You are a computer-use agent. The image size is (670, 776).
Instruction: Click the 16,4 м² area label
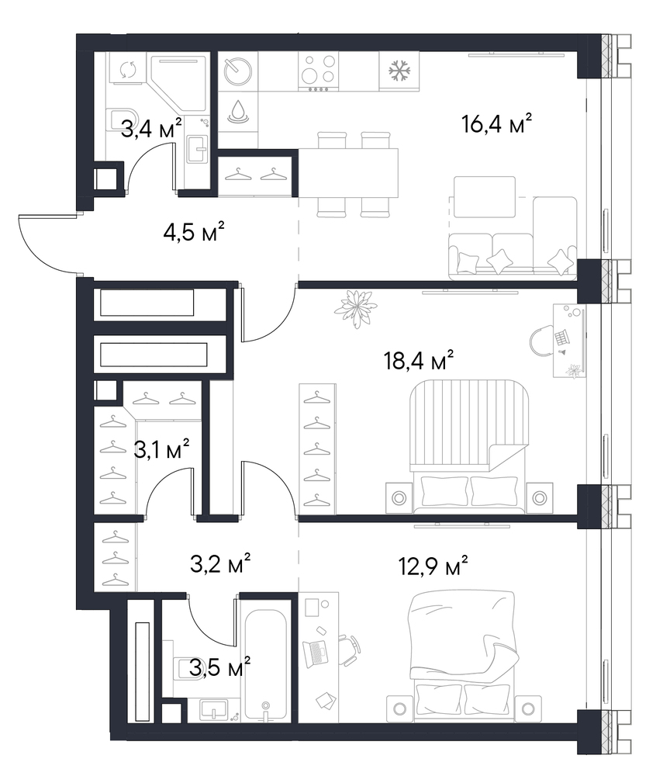pos(496,123)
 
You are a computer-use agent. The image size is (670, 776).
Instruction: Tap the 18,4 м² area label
pos(419,360)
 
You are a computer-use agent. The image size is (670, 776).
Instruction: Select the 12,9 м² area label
pos(433,566)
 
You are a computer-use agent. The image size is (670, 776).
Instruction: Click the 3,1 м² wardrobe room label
pos(161,449)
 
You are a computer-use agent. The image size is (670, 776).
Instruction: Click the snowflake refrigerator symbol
pos(399,71)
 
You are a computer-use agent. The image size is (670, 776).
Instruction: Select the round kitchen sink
pos(238,71)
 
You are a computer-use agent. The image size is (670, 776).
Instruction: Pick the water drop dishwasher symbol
pos(238,111)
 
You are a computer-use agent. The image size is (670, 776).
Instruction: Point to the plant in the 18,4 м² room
pos(355,308)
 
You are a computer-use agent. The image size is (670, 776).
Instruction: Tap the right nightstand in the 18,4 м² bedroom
pos(540,497)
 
